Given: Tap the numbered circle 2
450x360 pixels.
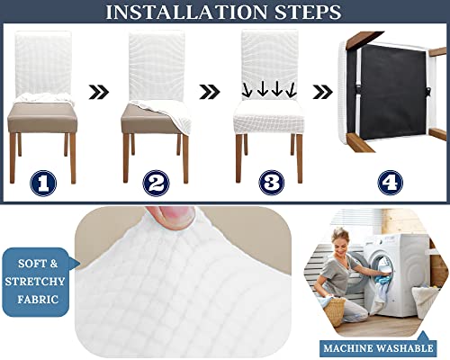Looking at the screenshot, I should [x=157, y=183].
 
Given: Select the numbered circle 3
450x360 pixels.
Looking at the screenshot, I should [x=269, y=183].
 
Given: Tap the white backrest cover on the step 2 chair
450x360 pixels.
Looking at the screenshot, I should [x=157, y=63].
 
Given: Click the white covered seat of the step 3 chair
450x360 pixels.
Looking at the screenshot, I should [x=269, y=114].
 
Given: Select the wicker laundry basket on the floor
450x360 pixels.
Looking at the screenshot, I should [x=335, y=311].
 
